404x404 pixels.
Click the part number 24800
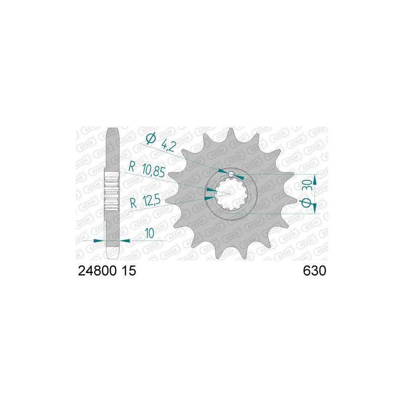point(96,271)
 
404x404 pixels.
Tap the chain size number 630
point(314,271)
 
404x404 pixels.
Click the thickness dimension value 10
point(149,233)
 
